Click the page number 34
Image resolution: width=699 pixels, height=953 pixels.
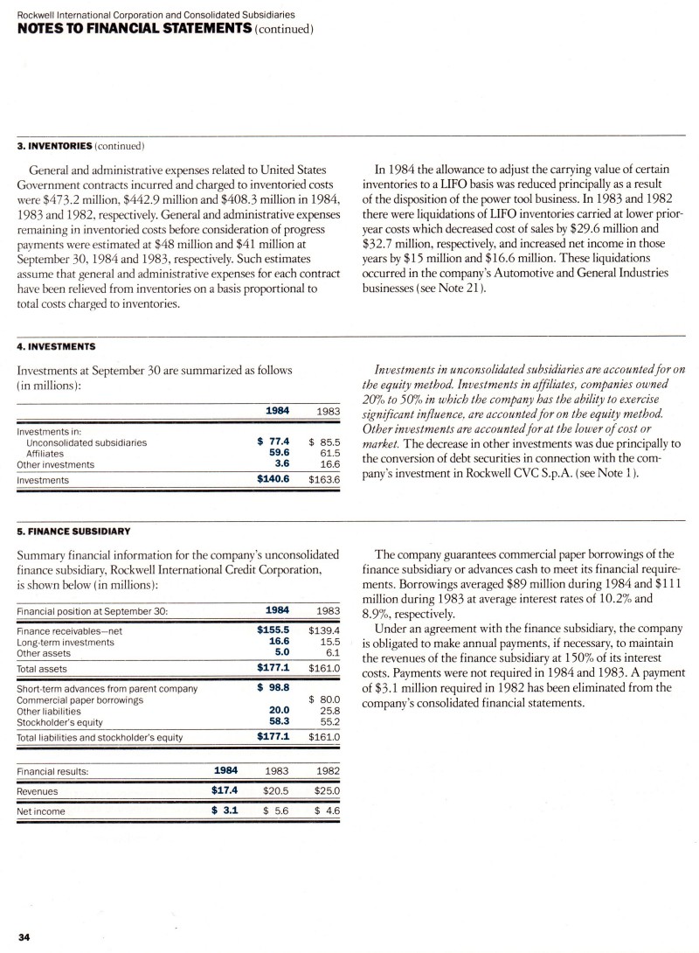[24, 938]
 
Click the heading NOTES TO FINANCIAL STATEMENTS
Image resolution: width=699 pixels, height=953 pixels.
[126, 30]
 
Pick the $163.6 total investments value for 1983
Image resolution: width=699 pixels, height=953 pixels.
[323, 480]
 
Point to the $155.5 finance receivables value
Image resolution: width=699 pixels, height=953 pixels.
[273, 629]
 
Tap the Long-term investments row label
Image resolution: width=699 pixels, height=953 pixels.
[66, 641]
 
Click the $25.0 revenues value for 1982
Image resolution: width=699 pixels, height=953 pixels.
[323, 791]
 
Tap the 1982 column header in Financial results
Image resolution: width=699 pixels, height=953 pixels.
[325, 770]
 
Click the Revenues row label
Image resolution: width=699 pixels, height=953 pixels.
[38, 791]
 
